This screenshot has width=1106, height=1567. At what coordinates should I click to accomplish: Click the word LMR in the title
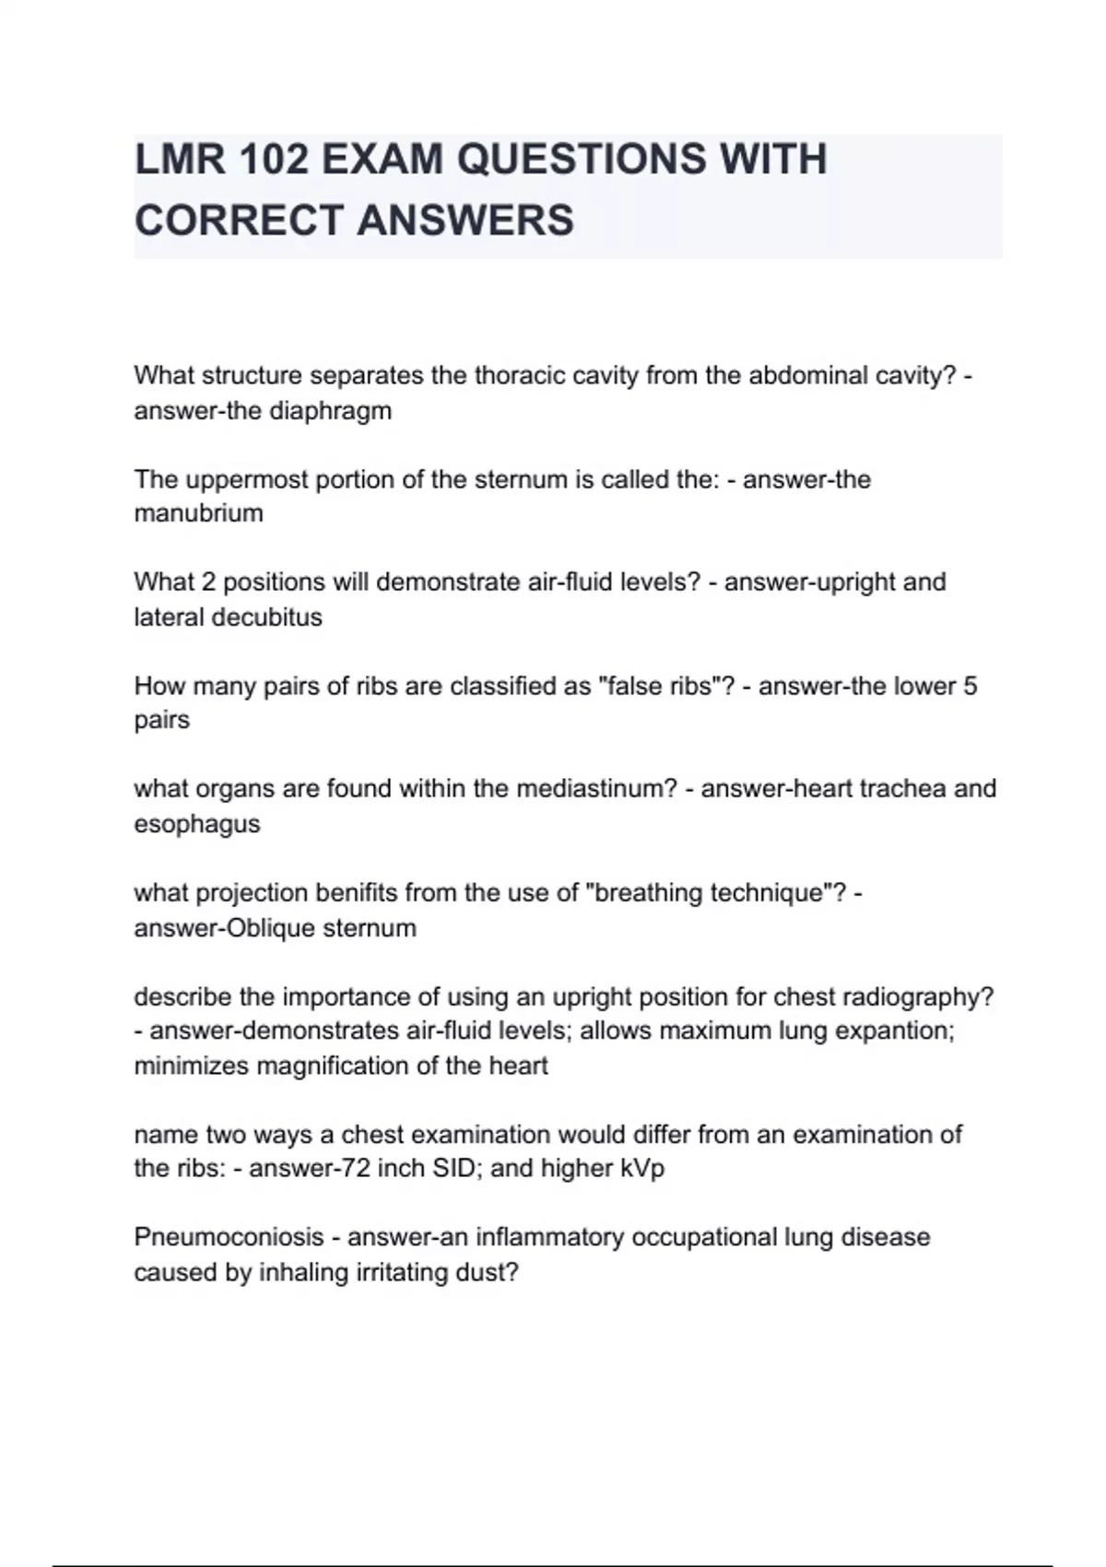pyautogui.click(x=179, y=159)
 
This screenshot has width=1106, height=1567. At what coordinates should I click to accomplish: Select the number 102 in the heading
pyautogui.click(x=272, y=159)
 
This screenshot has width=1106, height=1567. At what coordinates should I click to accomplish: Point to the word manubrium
pyautogui.click(x=198, y=513)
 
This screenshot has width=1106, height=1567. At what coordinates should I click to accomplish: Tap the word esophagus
pyautogui.click(x=197, y=824)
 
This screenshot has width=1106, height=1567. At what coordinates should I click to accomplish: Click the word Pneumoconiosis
pyautogui.click(x=229, y=1237)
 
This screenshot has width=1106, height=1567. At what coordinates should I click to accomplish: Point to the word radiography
pyautogui.click(x=913, y=997)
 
